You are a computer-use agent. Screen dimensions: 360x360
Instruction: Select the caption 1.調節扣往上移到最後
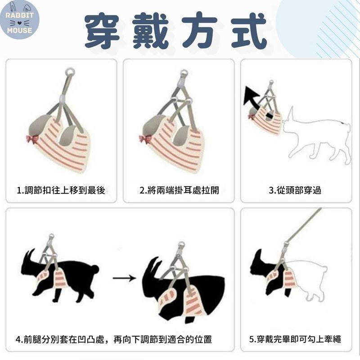(x=61, y=190)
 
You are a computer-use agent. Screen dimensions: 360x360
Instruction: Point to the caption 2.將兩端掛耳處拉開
(x=179, y=190)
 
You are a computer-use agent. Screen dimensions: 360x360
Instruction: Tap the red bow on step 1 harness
(x=32, y=139)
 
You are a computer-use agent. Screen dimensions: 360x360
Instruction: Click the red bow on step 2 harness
(x=145, y=139)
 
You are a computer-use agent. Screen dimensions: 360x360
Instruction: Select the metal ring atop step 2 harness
(x=184, y=73)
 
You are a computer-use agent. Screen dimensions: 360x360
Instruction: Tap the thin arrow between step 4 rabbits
(x=124, y=278)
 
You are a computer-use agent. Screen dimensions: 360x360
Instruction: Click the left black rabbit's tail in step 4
(x=94, y=270)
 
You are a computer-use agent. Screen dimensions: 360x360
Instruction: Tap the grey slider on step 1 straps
(x=63, y=98)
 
